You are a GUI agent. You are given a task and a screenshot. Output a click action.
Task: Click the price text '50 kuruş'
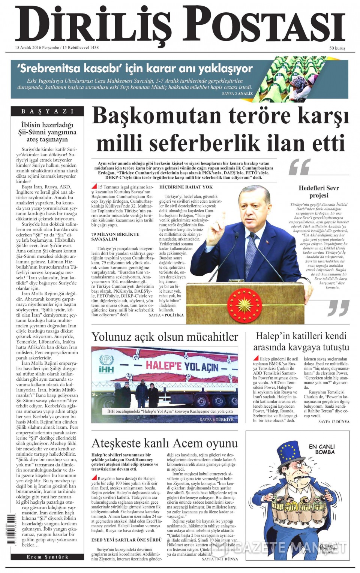(337, 48)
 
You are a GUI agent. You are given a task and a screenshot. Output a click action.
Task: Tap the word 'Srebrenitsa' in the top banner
(49, 69)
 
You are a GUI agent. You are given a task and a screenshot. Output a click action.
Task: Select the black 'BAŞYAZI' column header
(47, 111)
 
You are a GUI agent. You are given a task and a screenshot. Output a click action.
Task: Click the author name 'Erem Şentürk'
(47, 557)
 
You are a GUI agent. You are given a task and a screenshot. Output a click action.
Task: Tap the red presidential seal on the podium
(244, 304)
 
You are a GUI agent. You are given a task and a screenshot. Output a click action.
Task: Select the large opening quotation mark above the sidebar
(300, 167)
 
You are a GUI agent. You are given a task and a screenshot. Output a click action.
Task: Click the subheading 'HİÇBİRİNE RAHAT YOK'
(186, 187)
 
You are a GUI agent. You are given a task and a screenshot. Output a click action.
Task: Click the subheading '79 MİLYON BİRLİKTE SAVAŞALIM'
(115, 236)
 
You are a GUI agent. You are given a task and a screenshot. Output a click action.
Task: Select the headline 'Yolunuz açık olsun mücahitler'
(165, 337)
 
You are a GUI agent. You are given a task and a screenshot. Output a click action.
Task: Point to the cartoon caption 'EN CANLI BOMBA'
(322, 449)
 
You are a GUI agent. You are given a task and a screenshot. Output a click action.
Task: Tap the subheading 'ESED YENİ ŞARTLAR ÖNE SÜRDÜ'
(126, 540)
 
